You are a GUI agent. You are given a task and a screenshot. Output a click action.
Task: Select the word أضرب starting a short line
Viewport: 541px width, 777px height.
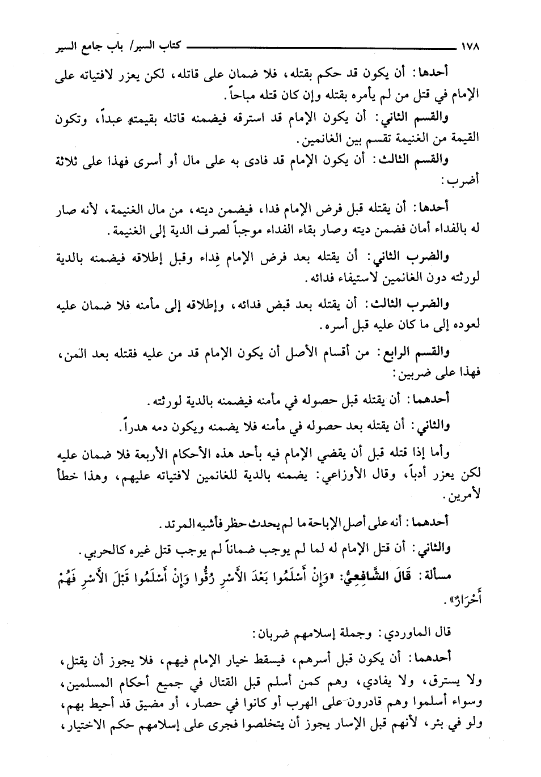464,182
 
